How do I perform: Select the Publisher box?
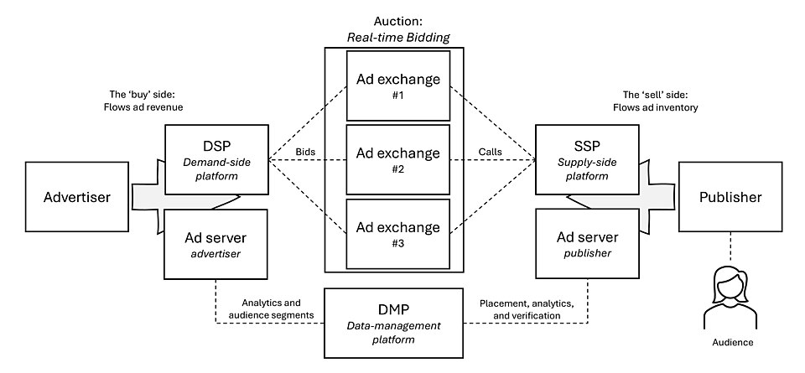730,198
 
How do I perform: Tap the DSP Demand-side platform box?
217,157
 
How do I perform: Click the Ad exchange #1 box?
397,86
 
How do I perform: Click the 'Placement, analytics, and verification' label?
526,308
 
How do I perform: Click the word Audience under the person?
727,343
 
